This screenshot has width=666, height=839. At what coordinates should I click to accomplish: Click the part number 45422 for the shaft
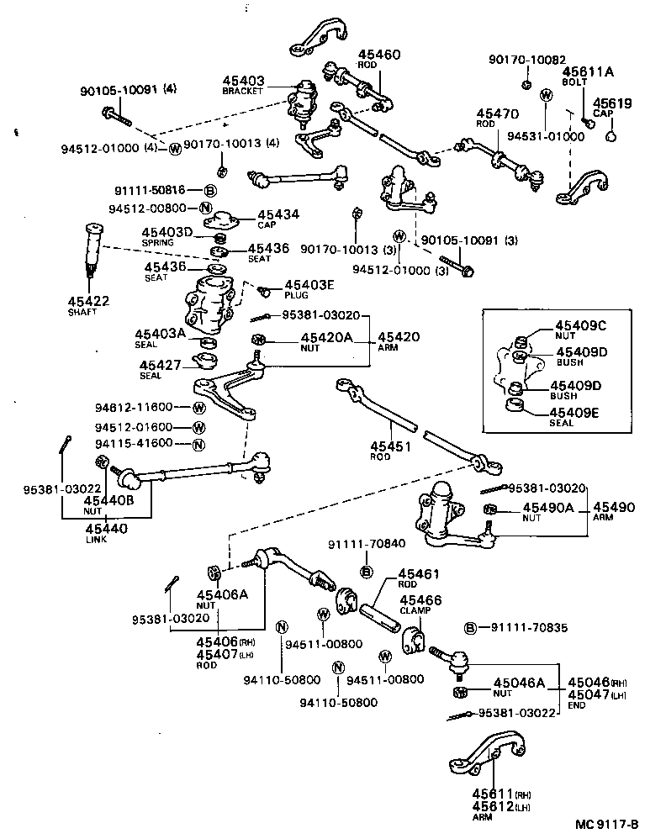click(x=87, y=301)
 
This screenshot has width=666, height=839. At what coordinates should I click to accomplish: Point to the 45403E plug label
click(x=309, y=285)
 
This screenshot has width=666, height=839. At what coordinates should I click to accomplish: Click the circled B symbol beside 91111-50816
click(x=210, y=192)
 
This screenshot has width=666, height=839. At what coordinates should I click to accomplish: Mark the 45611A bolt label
click(x=588, y=72)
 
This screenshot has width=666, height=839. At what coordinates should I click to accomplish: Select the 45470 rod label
click(x=497, y=113)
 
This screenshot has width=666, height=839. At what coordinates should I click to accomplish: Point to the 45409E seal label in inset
click(x=579, y=413)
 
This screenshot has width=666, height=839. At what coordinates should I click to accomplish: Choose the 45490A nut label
click(x=547, y=508)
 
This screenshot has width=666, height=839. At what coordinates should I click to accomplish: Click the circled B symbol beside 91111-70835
click(x=471, y=628)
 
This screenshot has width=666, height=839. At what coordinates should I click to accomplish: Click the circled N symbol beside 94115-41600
click(x=198, y=445)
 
